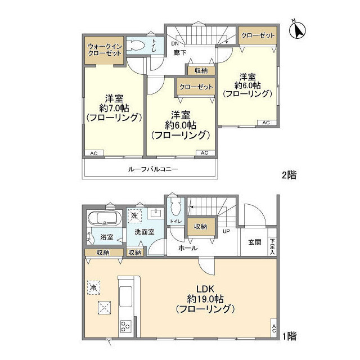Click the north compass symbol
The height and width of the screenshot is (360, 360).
coord(297,30)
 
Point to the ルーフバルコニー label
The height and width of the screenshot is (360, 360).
coord(152,169)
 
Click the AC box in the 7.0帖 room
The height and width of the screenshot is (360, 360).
coord(94,153)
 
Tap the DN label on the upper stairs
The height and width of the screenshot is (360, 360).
coord(175,43)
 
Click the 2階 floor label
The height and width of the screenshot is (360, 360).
coord(289,175)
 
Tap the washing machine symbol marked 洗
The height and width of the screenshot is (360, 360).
coord(134,215)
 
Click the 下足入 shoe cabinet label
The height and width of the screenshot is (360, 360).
coord(273,246)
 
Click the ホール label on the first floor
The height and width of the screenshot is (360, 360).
coord(187,247)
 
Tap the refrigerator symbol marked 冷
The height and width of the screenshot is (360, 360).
coord(94,287)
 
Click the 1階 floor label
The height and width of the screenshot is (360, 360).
coord(289,336)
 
